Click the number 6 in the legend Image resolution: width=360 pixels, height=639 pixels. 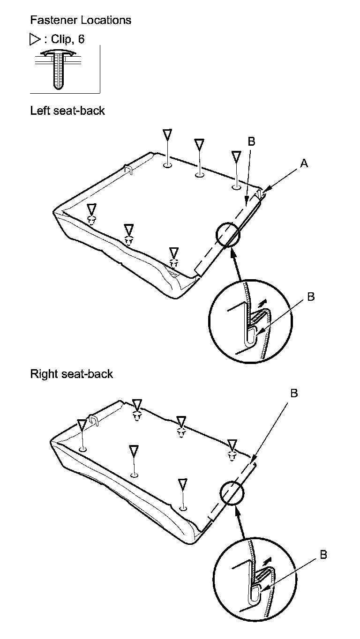click(x=82, y=40)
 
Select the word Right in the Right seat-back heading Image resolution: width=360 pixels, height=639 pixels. click(x=42, y=374)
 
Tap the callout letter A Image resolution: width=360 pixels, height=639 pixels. click(x=304, y=163)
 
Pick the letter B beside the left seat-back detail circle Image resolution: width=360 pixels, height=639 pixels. click(x=310, y=297)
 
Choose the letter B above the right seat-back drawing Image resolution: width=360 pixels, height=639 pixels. click(x=294, y=393)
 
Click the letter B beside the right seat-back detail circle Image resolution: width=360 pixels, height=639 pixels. click(x=323, y=555)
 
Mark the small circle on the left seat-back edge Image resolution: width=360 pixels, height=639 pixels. click(x=228, y=234)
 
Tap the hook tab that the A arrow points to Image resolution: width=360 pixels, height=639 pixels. click(x=260, y=193)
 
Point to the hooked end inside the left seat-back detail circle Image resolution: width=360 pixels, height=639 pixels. click(x=250, y=336)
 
